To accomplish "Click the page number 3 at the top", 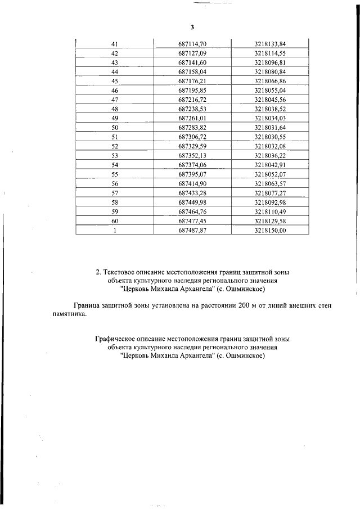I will pos(192,28).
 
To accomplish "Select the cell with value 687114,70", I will pos(192,44).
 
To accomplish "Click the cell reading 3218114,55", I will pos(270,53).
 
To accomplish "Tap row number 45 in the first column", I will pos(115,81).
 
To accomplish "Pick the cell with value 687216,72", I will pos(192,100).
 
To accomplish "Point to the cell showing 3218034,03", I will pos(270,118).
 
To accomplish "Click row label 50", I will pos(115,128).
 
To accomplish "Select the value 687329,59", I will pos(192,146).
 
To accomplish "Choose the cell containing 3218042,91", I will pos(270,165).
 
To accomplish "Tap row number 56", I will pos(115,183).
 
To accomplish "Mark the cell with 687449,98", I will pos(192,202).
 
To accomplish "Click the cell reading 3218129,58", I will pos(270,220).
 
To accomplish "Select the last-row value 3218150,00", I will pos(270,230).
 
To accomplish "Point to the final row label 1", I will pos(115,230).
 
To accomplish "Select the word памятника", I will pos(66,315).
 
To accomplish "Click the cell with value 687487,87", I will pos(192,230).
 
